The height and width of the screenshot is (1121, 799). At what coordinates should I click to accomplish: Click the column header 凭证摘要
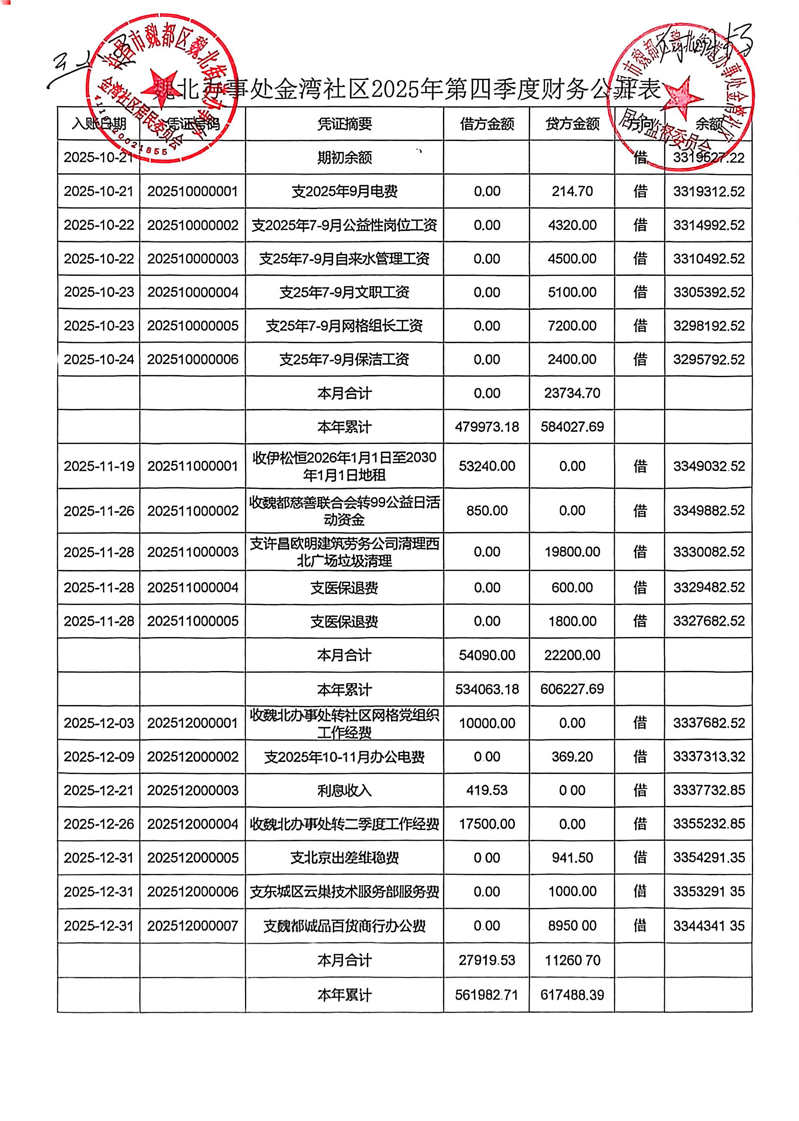click(344, 124)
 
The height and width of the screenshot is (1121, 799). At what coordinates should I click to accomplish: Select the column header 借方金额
click(487, 124)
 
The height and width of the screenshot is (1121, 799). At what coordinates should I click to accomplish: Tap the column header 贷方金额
click(572, 124)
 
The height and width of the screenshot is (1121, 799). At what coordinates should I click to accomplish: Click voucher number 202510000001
click(192, 191)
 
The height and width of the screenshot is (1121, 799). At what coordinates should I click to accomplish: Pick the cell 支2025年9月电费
click(344, 191)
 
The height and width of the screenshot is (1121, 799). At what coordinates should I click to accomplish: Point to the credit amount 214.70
click(572, 191)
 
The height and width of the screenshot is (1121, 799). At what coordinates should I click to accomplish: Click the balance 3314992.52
click(709, 225)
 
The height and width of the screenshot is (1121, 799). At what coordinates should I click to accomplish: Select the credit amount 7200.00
click(572, 326)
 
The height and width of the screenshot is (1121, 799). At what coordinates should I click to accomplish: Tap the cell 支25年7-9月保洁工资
click(344, 360)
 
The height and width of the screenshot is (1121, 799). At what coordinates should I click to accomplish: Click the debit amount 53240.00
click(487, 466)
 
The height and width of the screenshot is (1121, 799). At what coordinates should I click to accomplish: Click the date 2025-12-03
click(99, 723)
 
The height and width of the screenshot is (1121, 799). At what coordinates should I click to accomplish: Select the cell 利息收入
click(344, 790)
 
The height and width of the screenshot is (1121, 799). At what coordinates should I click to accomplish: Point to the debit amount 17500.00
click(487, 824)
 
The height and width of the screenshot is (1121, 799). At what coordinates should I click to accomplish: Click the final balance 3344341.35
click(709, 926)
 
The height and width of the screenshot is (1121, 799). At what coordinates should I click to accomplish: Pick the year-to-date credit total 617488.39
click(572, 995)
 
